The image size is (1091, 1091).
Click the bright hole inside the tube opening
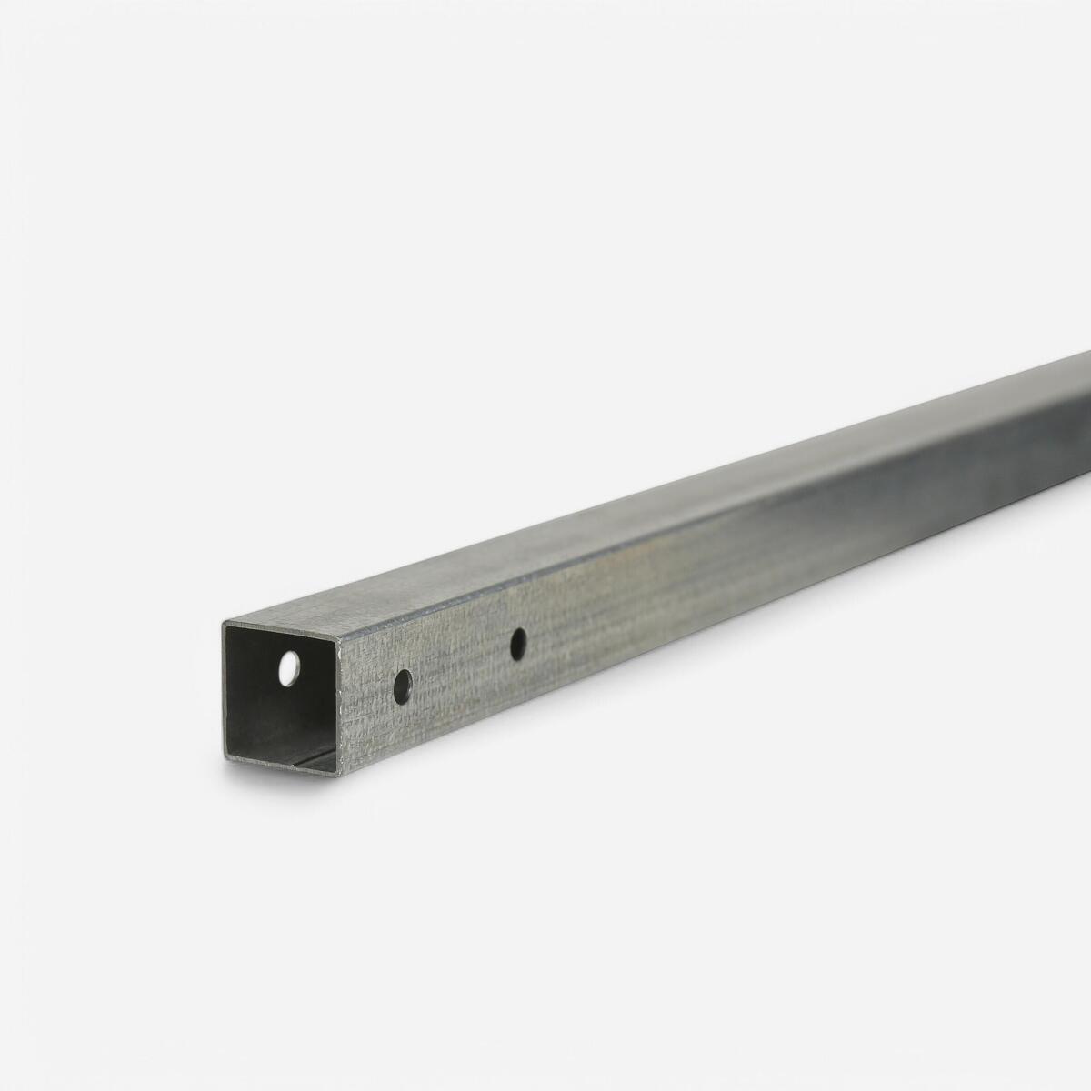tap(289, 668)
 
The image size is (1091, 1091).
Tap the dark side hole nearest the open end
tap(402, 686)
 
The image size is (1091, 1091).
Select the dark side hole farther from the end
tap(518, 644)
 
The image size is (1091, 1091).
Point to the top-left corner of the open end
tap(224, 623)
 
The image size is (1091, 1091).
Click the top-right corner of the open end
tap(339, 639)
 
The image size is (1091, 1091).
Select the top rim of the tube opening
tap(282, 631)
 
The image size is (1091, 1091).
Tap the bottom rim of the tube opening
tap(282, 766)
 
